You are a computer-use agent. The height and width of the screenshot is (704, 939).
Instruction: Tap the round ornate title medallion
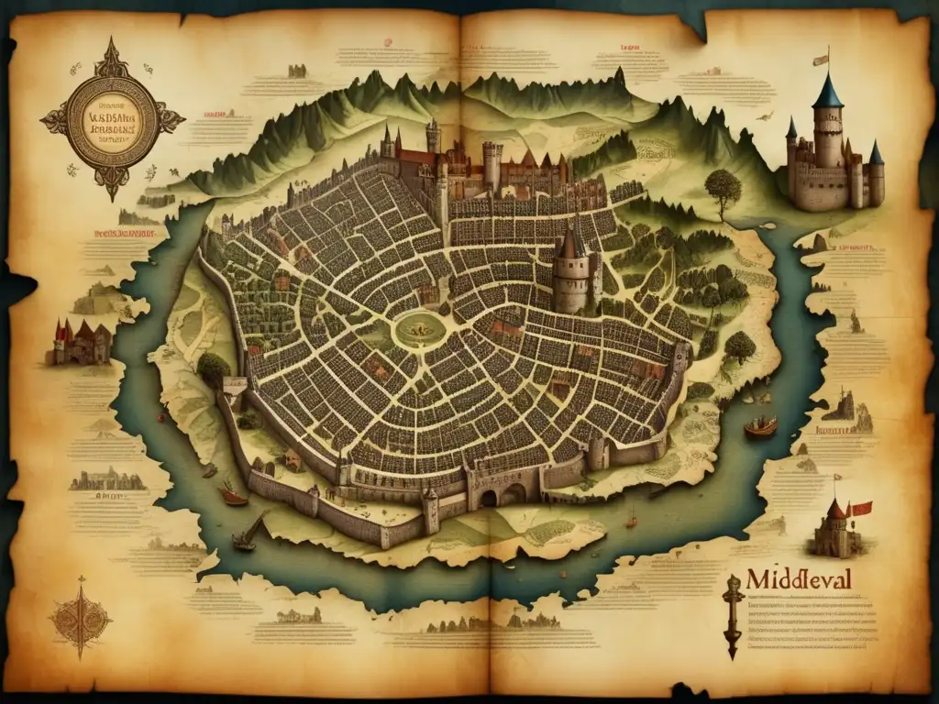click(112, 119)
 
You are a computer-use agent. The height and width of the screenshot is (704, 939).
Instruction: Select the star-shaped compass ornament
click(81, 616)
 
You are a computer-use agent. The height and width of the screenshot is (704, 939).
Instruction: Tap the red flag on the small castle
click(859, 508)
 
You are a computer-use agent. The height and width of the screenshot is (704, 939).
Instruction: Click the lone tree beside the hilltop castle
click(723, 187)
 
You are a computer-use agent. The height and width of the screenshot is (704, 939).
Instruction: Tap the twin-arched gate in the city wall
click(501, 496)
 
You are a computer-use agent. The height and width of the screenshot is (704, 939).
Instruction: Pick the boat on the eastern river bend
click(760, 427)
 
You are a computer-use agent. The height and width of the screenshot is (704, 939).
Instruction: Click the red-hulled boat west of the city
click(233, 495)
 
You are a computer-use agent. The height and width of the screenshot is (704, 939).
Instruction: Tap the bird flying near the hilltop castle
click(758, 116)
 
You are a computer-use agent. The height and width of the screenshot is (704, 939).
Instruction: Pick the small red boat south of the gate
click(631, 523)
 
